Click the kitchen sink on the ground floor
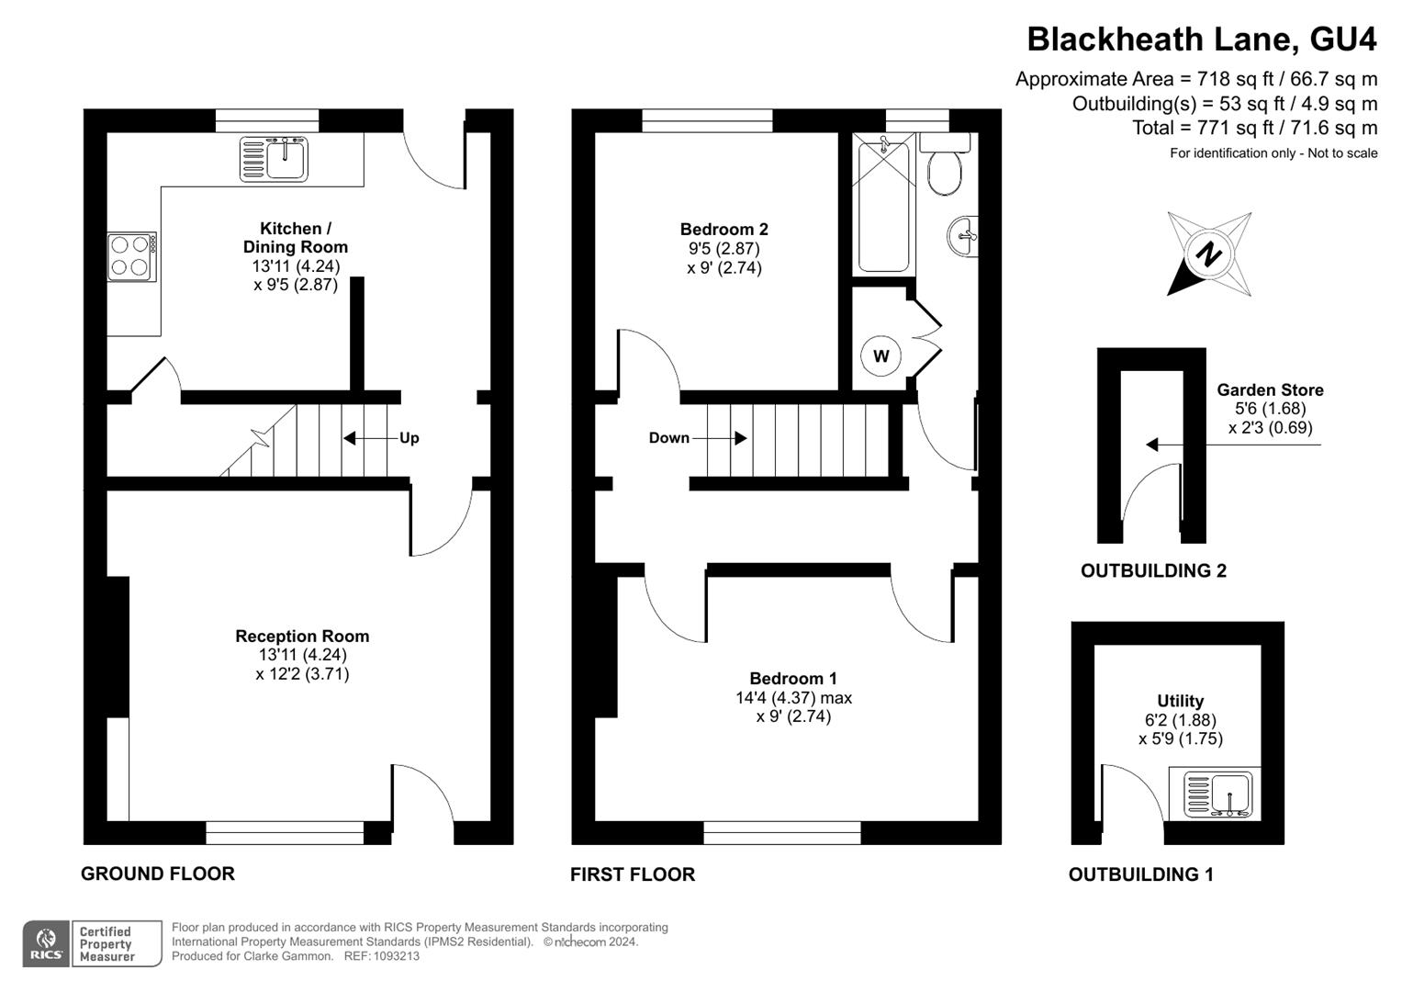pyautogui.click(x=275, y=159)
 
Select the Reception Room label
pyautogui.click(x=302, y=636)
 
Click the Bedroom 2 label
pyautogui.click(x=723, y=229)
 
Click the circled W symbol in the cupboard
pyautogui.click(x=880, y=356)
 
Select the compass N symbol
pyautogui.click(x=1208, y=254)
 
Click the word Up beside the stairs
pyautogui.click(x=409, y=438)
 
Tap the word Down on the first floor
pyautogui.click(x=668, y=438)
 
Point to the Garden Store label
pyautogui.click(x=1270, y=389)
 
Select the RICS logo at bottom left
pyautogui.click(x=45, y=943)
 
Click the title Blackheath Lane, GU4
pyautogui.click(x=1201, y=39)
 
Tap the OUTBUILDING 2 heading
pyautogui.click(x=1153, y=570)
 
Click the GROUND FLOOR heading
pyautogui.click(x=158, y=874)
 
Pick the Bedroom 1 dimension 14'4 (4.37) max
pyautogui.click(x=793, y=697)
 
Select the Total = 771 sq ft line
pyautogui.click(x=1254, y=128)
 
